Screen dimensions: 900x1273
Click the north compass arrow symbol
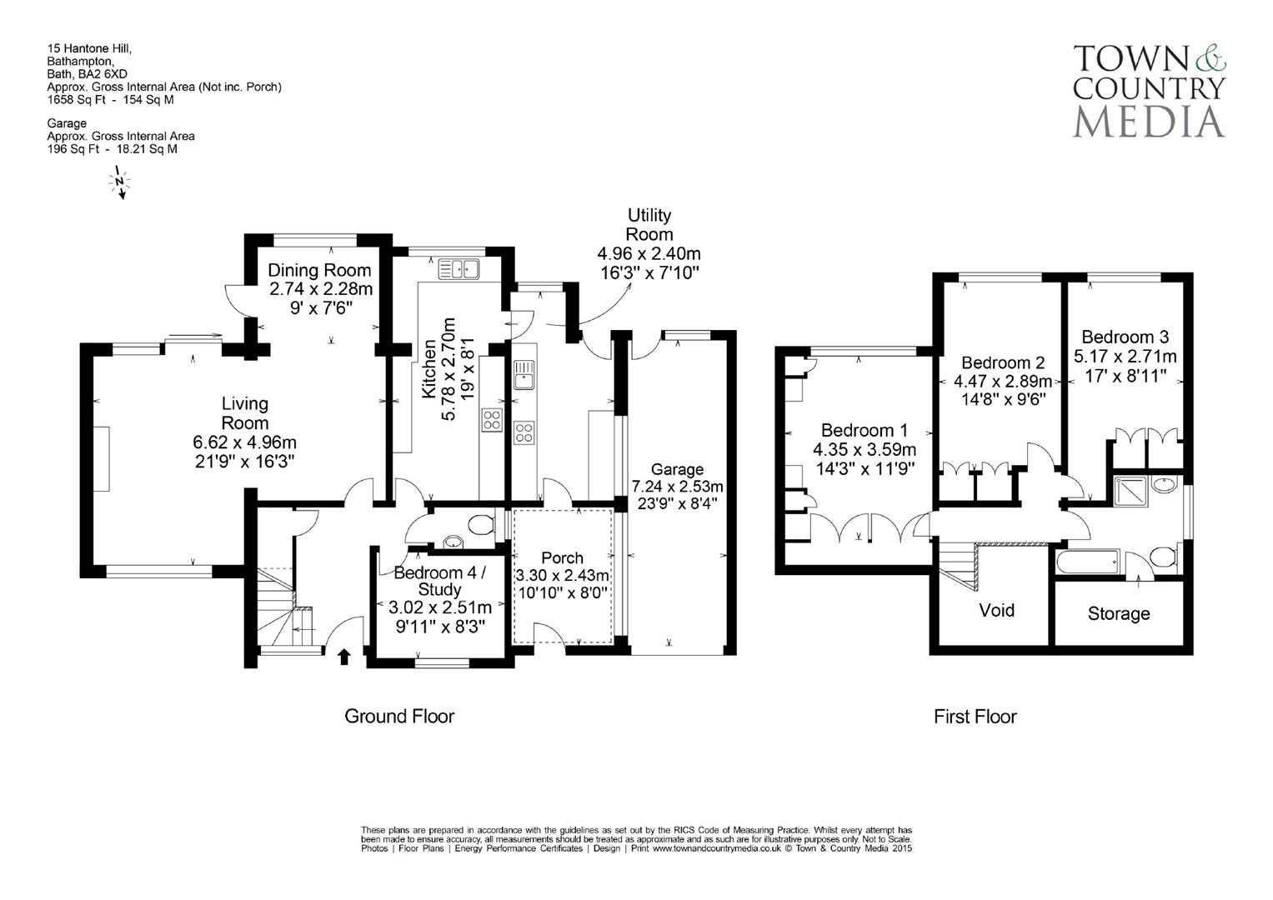[120, 182]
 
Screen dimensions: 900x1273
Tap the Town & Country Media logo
[1149, 91]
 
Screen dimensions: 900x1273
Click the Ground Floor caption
[399, 716]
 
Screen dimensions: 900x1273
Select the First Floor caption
[975, 717]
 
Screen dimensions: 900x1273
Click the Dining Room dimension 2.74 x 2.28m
[320, 289]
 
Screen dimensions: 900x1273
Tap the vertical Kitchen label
[429, 368]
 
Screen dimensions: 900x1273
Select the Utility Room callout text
[649, 225]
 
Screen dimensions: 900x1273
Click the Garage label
[677, 469]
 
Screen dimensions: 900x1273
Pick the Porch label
[562, 557]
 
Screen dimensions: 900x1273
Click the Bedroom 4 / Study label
[439, 582]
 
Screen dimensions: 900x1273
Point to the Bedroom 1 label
[864, 430]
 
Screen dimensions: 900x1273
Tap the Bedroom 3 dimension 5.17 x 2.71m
[1125, 357]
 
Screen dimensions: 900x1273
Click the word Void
[996, 610]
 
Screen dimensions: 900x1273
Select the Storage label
[1118, 614]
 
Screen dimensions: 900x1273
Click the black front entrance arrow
[343, 657]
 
